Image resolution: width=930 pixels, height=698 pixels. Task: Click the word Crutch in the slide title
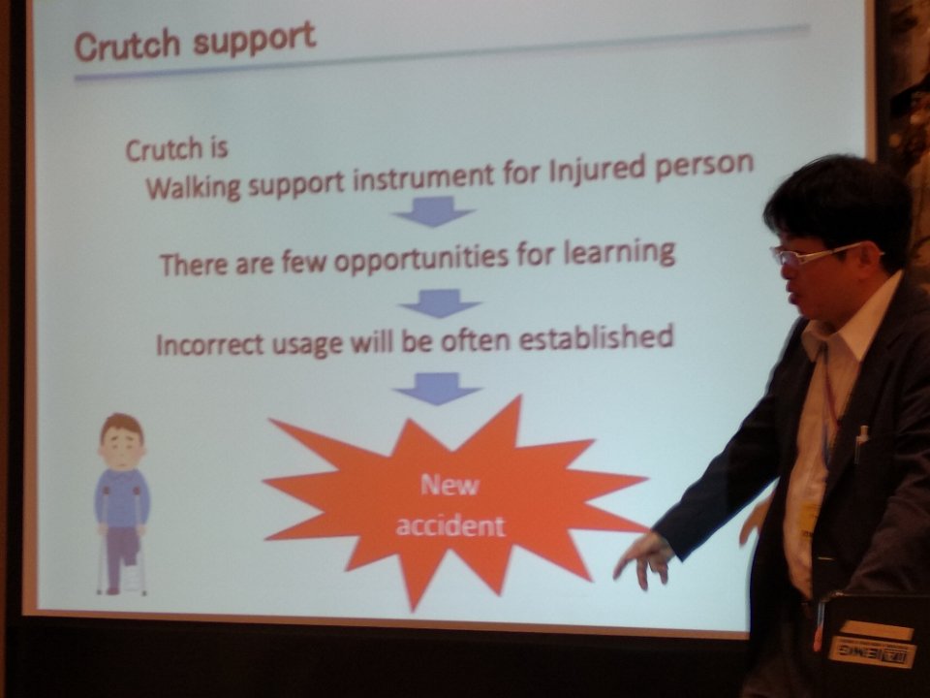pos(127,47)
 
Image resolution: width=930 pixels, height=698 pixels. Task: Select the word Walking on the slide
pos(194,185)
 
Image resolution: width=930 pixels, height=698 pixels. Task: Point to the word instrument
pos(423,176)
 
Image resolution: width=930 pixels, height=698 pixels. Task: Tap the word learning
pos(619,252)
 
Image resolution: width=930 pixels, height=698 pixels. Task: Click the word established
pos(596,337)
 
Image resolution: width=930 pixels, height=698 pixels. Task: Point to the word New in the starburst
pos(449,486)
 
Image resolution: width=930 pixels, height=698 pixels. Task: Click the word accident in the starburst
pos(450,525)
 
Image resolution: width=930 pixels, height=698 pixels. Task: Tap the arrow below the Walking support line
pos(434,211)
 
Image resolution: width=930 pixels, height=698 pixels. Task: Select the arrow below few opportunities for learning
pos(440,302)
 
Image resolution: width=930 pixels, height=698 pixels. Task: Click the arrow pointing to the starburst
pos(437,389)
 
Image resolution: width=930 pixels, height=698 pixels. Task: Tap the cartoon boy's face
pos(122,443)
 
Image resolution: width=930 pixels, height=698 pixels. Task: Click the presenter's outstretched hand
pos(642,559)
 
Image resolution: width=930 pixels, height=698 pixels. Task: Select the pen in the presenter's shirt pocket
pos(860,442)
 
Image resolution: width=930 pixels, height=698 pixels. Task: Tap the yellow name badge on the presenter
pos(808,517)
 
